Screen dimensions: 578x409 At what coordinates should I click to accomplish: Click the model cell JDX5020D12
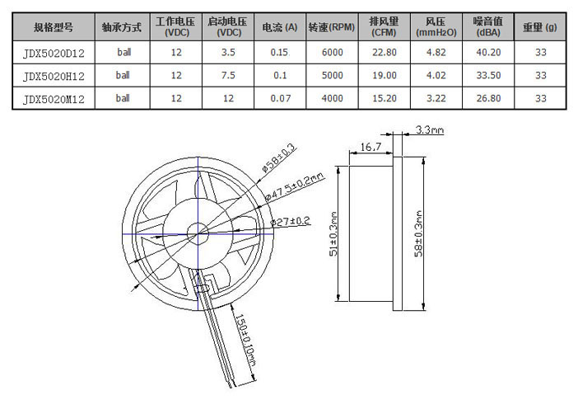[54, 53]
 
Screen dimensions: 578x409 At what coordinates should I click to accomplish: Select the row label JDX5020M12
[54, 99]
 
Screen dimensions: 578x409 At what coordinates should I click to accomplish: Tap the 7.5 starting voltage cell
[228, 75]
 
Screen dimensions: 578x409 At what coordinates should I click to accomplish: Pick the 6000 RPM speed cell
[332, 53]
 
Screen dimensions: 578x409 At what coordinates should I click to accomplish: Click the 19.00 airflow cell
[385, 75]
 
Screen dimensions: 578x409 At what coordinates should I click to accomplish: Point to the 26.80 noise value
[488, 98]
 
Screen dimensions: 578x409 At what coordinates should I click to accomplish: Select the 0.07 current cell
[280, 98]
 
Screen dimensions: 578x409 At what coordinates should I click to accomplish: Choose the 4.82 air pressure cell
[436, 53]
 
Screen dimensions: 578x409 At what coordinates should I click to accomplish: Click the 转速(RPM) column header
[332, 27]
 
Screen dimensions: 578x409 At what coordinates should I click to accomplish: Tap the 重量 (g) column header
[540, 27]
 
